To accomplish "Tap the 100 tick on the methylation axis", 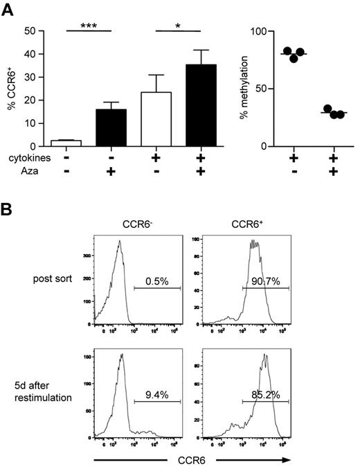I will (x=260, y=32).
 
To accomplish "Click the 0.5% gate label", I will (x=158, y=283).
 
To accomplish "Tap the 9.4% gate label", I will (x=157, y=396).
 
